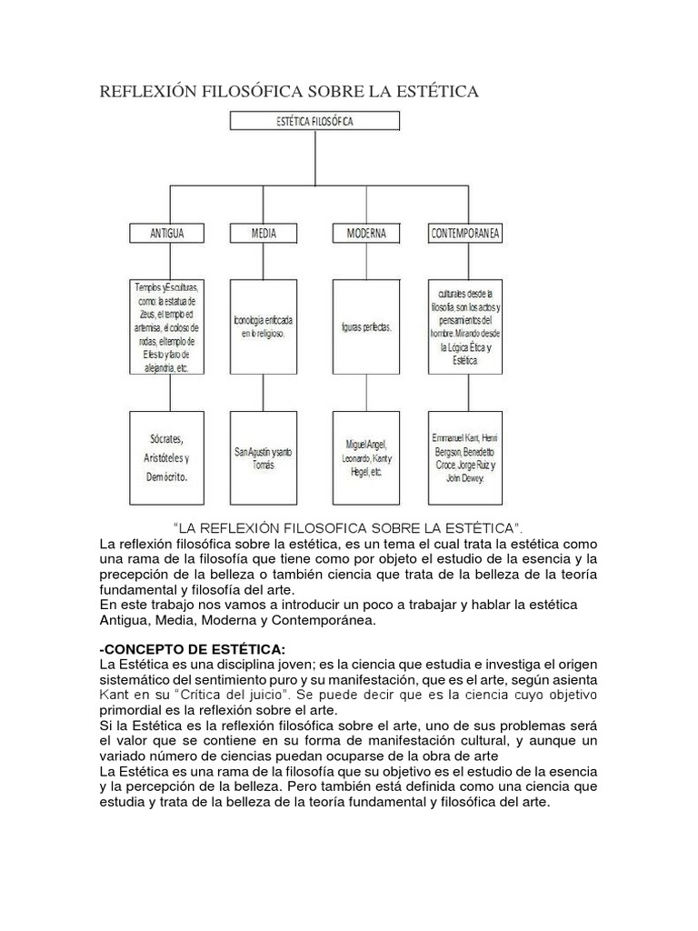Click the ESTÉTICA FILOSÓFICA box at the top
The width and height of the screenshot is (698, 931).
point(314,121)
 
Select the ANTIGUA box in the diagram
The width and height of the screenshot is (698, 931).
point(167,234)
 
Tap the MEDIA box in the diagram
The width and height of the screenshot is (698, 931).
point(264,234)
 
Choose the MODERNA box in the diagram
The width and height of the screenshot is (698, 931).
point(365,234)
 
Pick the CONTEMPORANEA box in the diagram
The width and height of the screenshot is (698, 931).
point(465,234)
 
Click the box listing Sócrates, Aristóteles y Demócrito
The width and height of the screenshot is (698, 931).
point(167,457)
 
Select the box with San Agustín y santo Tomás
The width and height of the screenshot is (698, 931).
point(264,457)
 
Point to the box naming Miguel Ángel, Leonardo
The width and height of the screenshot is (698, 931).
point(365,457)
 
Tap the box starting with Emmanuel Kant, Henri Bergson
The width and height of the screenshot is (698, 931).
point(465,457)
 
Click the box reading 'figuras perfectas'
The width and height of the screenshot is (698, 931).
point(365,328)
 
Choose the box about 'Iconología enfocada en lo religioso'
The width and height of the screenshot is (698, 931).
point(264,328)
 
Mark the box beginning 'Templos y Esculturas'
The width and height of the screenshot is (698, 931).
point(167,328)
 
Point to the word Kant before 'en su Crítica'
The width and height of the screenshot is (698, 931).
point(115,695)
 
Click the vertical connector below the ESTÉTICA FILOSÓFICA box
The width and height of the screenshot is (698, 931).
point(314,158)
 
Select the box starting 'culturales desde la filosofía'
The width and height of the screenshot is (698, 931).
point(465,328)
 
